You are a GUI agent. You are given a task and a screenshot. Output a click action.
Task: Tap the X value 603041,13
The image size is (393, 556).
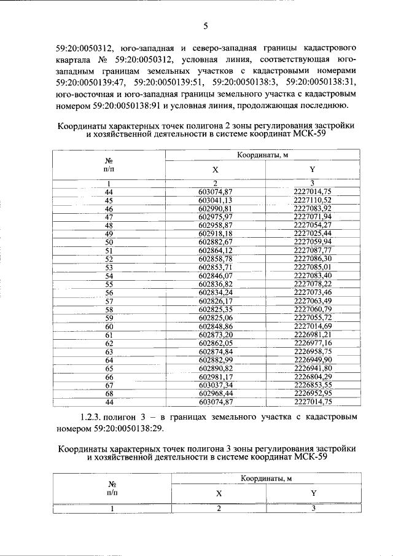click(216, 200)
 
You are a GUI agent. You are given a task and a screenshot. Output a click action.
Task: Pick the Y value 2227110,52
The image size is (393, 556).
click(313, 200)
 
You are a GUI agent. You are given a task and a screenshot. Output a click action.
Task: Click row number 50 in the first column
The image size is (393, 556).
click(109, 242)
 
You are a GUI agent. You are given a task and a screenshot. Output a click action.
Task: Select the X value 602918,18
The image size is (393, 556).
click(216, 234)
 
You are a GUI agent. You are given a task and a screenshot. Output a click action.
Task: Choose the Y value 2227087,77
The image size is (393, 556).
click(313, 251)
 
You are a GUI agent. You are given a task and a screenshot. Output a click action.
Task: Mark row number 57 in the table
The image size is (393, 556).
click(109, 301)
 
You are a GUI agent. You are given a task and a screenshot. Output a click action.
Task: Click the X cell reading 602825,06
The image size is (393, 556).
click(216, 318)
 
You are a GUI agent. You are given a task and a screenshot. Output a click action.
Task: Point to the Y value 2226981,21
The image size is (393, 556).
click(313, 335)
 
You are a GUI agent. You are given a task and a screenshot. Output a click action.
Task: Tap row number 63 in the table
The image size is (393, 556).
click(109, 351)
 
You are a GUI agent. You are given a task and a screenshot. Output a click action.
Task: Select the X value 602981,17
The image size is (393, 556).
click(216, 377)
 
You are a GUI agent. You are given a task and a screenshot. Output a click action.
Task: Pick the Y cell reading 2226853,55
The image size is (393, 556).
click(313, 385)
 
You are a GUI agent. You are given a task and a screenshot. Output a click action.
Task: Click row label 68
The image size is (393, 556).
click(109, 394)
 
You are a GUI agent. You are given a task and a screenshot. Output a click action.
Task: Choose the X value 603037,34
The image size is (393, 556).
click(216, 385)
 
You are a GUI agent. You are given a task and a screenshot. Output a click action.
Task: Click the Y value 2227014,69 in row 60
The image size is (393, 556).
click(313, 326)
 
